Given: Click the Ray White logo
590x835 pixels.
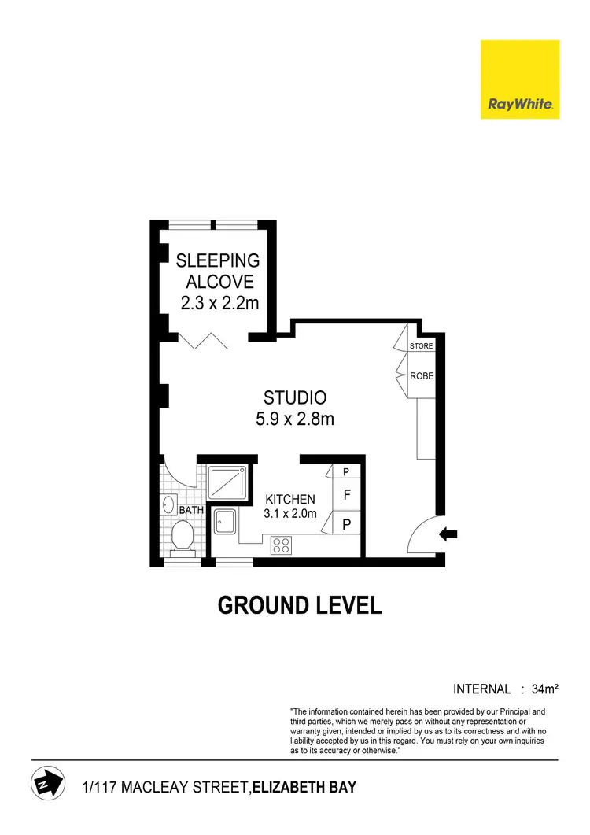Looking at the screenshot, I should pos(520,79).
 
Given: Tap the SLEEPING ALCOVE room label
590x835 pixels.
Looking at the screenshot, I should pos(218,271).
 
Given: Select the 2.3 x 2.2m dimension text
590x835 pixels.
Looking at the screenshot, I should pos(218,303).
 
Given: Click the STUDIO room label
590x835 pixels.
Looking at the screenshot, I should pos(295,398).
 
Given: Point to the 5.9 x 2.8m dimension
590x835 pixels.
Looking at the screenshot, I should pos(295,419).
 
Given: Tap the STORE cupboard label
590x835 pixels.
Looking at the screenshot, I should pos(422,346).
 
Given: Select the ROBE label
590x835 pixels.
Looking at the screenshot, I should pos(422,376).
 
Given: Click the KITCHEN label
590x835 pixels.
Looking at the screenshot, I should pos(290,499).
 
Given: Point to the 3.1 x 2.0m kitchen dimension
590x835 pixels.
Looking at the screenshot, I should pos(290,514).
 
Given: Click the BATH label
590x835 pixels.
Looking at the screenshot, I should pos(193,510).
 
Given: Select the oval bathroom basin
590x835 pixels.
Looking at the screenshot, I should pos(168,504).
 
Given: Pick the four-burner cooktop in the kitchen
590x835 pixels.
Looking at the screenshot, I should pos(282,544).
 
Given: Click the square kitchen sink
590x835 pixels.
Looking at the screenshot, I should pos(227,521).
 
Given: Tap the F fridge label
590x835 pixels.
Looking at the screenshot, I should pos(347,496).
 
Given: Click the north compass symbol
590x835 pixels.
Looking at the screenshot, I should pos(45,784).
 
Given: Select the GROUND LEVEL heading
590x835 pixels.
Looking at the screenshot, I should pos(300,605).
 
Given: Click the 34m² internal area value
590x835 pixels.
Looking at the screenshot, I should pos(544,689).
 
